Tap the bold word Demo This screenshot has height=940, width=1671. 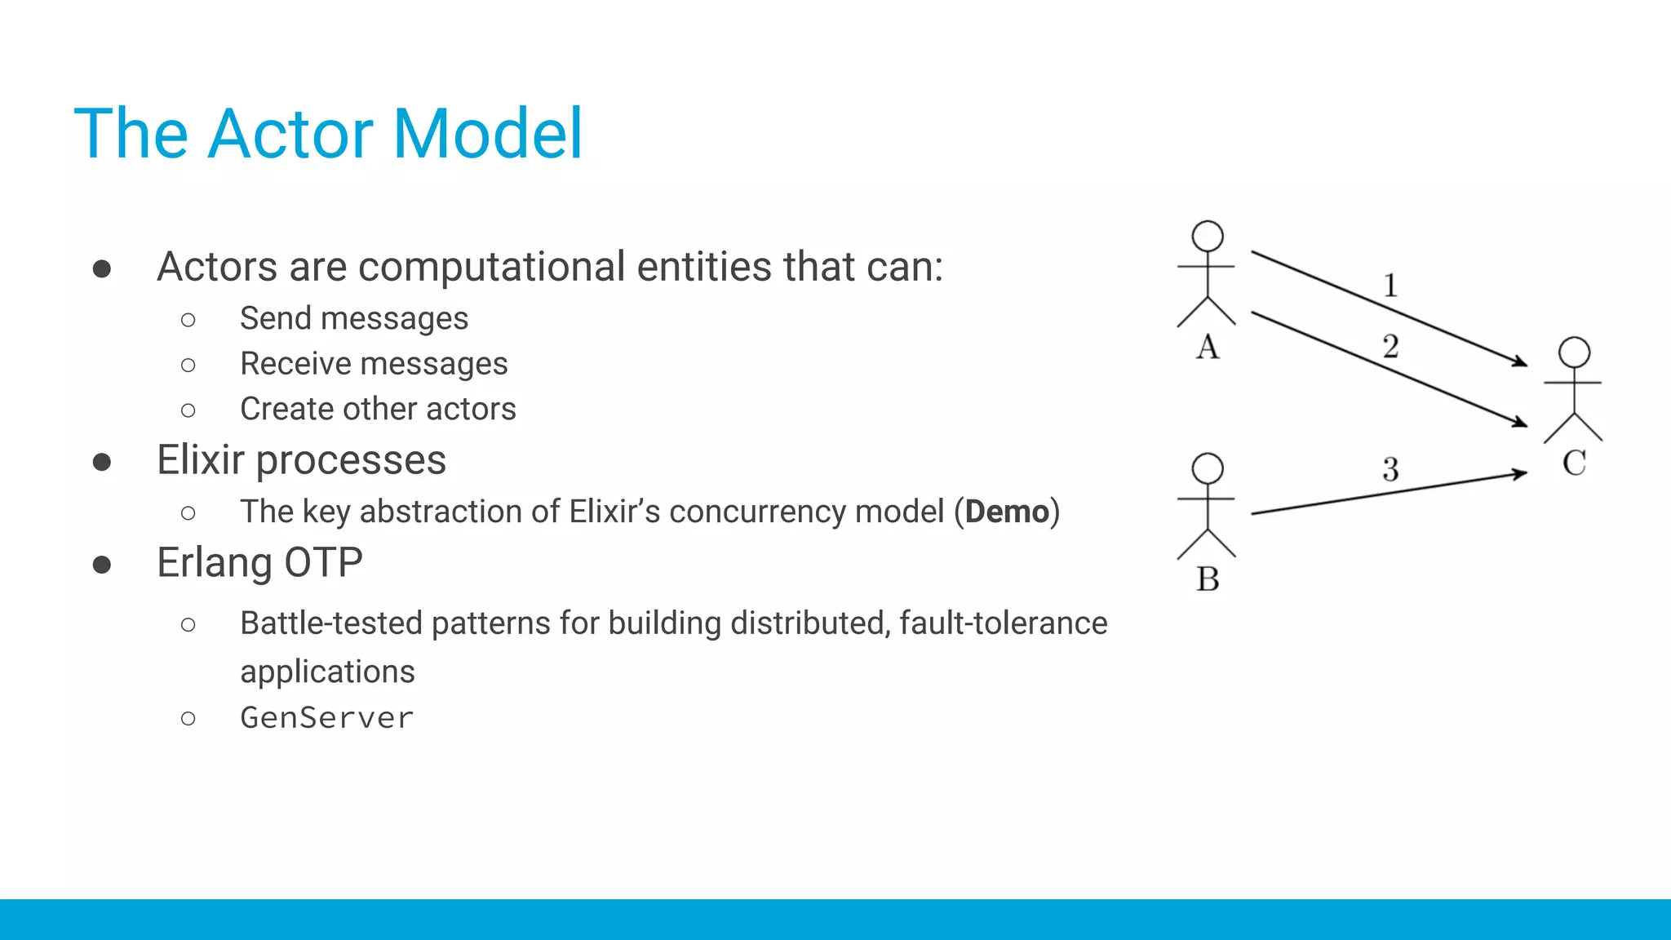[1007, 512]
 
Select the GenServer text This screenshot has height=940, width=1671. [327, 718]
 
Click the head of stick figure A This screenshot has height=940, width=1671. [1208, 237]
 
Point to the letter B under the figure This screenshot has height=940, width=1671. [1208, 579]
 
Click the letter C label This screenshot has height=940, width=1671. [1574, 463]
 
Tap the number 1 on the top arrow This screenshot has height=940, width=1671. [1390, 286]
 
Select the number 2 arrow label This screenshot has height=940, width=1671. [1390, 347]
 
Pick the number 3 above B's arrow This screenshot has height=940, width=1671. [1390, 469]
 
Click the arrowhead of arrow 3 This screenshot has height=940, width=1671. [1520, 473]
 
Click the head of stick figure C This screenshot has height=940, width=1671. [1574, 352]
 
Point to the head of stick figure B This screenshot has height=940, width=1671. [1208, 468]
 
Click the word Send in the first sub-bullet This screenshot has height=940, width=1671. [276, 318]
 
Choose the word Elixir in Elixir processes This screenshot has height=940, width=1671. [200, 460]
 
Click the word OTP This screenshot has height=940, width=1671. [323, 563]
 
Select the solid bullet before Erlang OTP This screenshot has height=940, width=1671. [102, 565]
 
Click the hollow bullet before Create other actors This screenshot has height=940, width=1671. [188, 410]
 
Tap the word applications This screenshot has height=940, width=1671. [327, 672]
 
